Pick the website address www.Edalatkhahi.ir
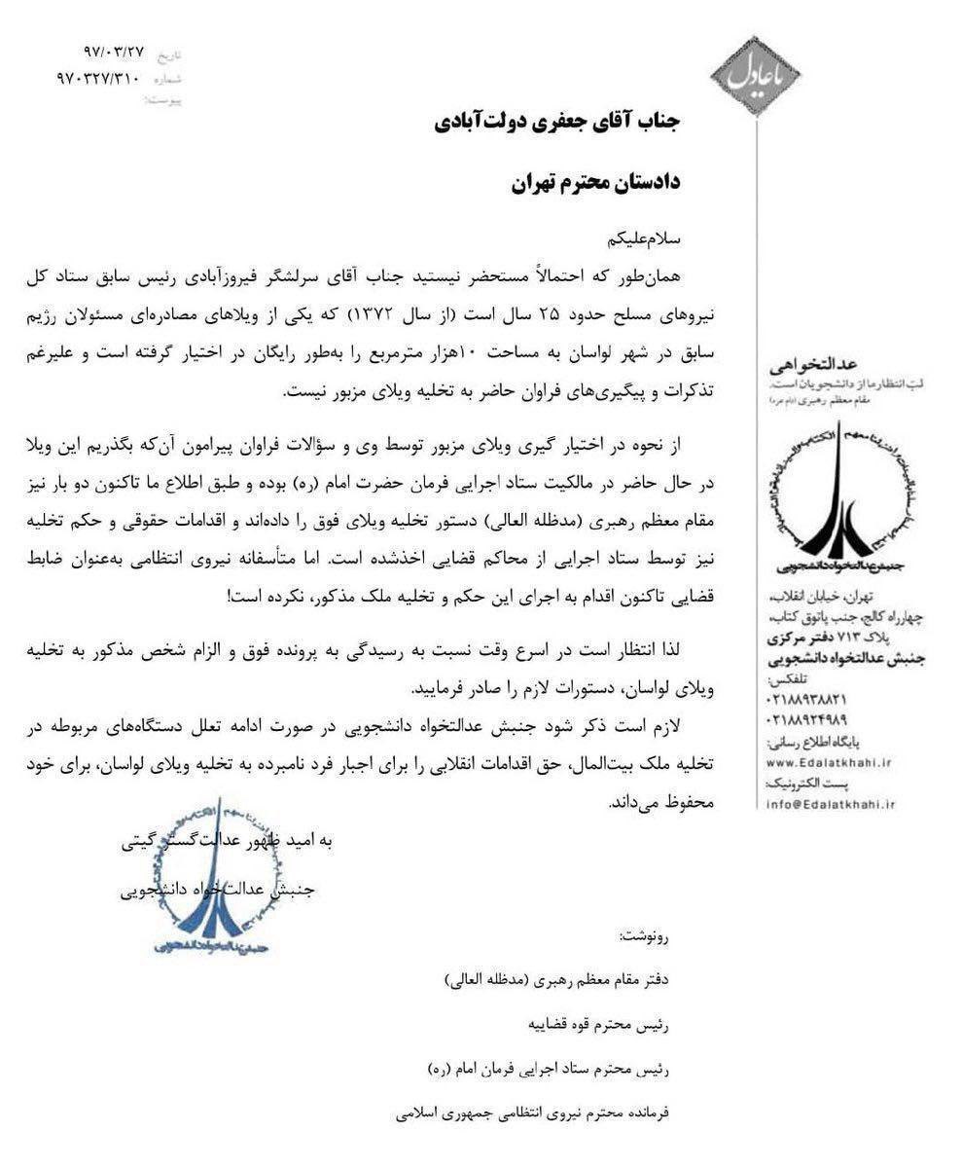coord(830,762)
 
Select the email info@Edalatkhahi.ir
coord(830,804)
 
